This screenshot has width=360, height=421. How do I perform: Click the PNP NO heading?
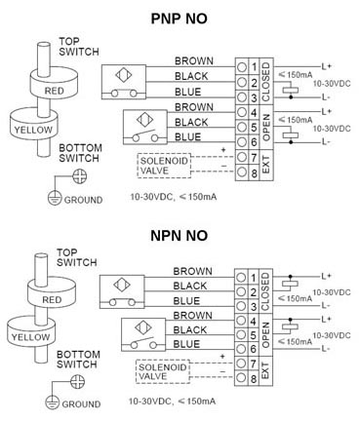[180, 18]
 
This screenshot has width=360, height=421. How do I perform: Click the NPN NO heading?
[180, 237]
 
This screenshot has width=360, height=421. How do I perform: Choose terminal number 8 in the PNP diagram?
[254, 173]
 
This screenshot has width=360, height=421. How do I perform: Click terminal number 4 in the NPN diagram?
[254, 321]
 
